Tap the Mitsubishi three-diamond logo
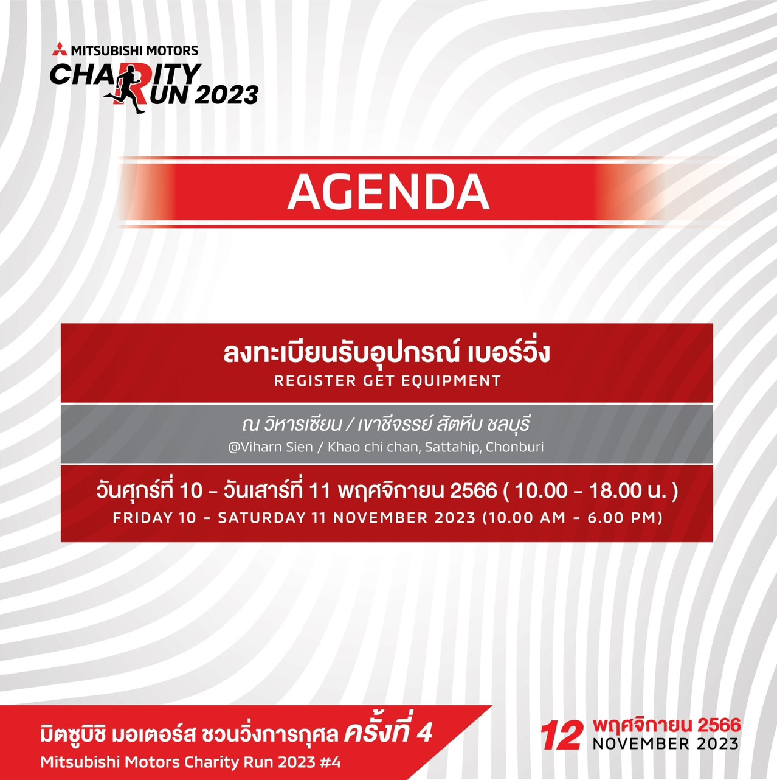tap(60, 49)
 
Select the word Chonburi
tap(514, 447)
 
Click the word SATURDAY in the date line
tap(261, 518)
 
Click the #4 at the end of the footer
tap(331, 762)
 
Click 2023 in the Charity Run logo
tap(228, 96)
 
